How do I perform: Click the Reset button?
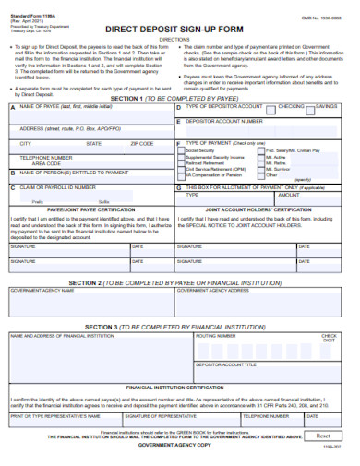click(322, 436)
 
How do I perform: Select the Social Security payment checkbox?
click(182, 150)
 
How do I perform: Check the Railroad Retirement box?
click(182, 163)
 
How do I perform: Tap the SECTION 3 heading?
click(174, 327)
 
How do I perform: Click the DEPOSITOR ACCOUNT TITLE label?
click(228, 364)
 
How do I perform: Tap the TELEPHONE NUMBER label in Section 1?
click(41, 158)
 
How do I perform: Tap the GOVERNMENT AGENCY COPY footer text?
click(175, 446)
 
